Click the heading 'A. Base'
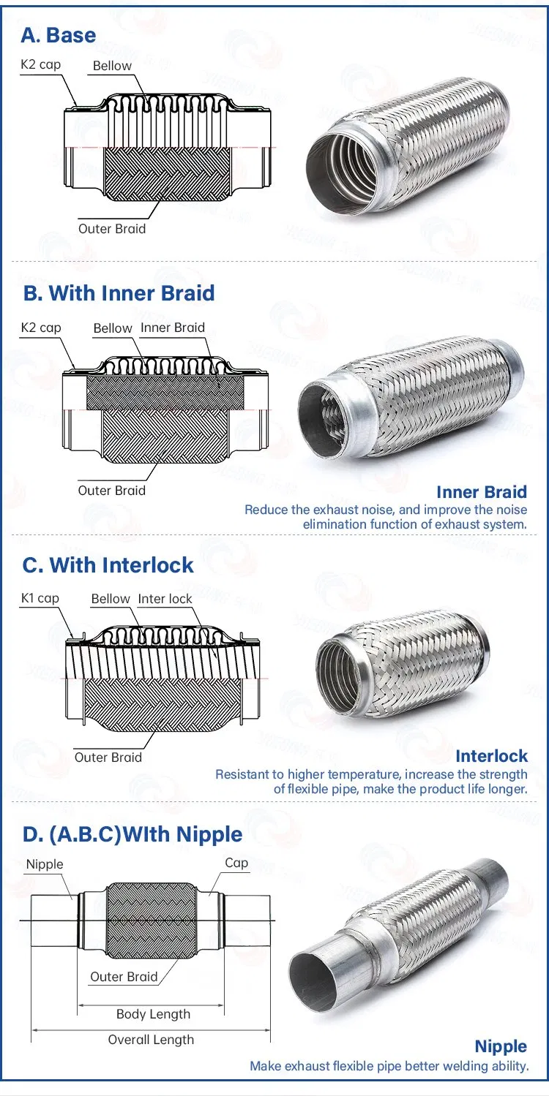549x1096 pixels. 59,34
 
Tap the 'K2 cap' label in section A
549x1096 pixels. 40,64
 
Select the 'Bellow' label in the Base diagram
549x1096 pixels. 112,66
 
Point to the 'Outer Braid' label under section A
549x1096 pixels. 112,229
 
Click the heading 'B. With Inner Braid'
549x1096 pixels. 119,293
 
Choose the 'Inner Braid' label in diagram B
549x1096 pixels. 173,328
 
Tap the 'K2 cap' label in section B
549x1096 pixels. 40,328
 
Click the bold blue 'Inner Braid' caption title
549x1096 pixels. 481,492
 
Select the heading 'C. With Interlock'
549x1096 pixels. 108,565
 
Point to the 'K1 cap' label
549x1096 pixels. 40,598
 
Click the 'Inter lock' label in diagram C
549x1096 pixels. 165,599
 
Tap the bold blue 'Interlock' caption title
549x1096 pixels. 490,755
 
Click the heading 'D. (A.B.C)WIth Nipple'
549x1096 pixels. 132,834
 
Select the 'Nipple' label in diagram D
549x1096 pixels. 45,864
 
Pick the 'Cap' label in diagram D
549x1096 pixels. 236,863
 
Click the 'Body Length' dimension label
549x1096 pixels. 153,1014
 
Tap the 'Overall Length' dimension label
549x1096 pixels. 151,1040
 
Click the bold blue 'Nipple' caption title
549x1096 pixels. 501,1046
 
